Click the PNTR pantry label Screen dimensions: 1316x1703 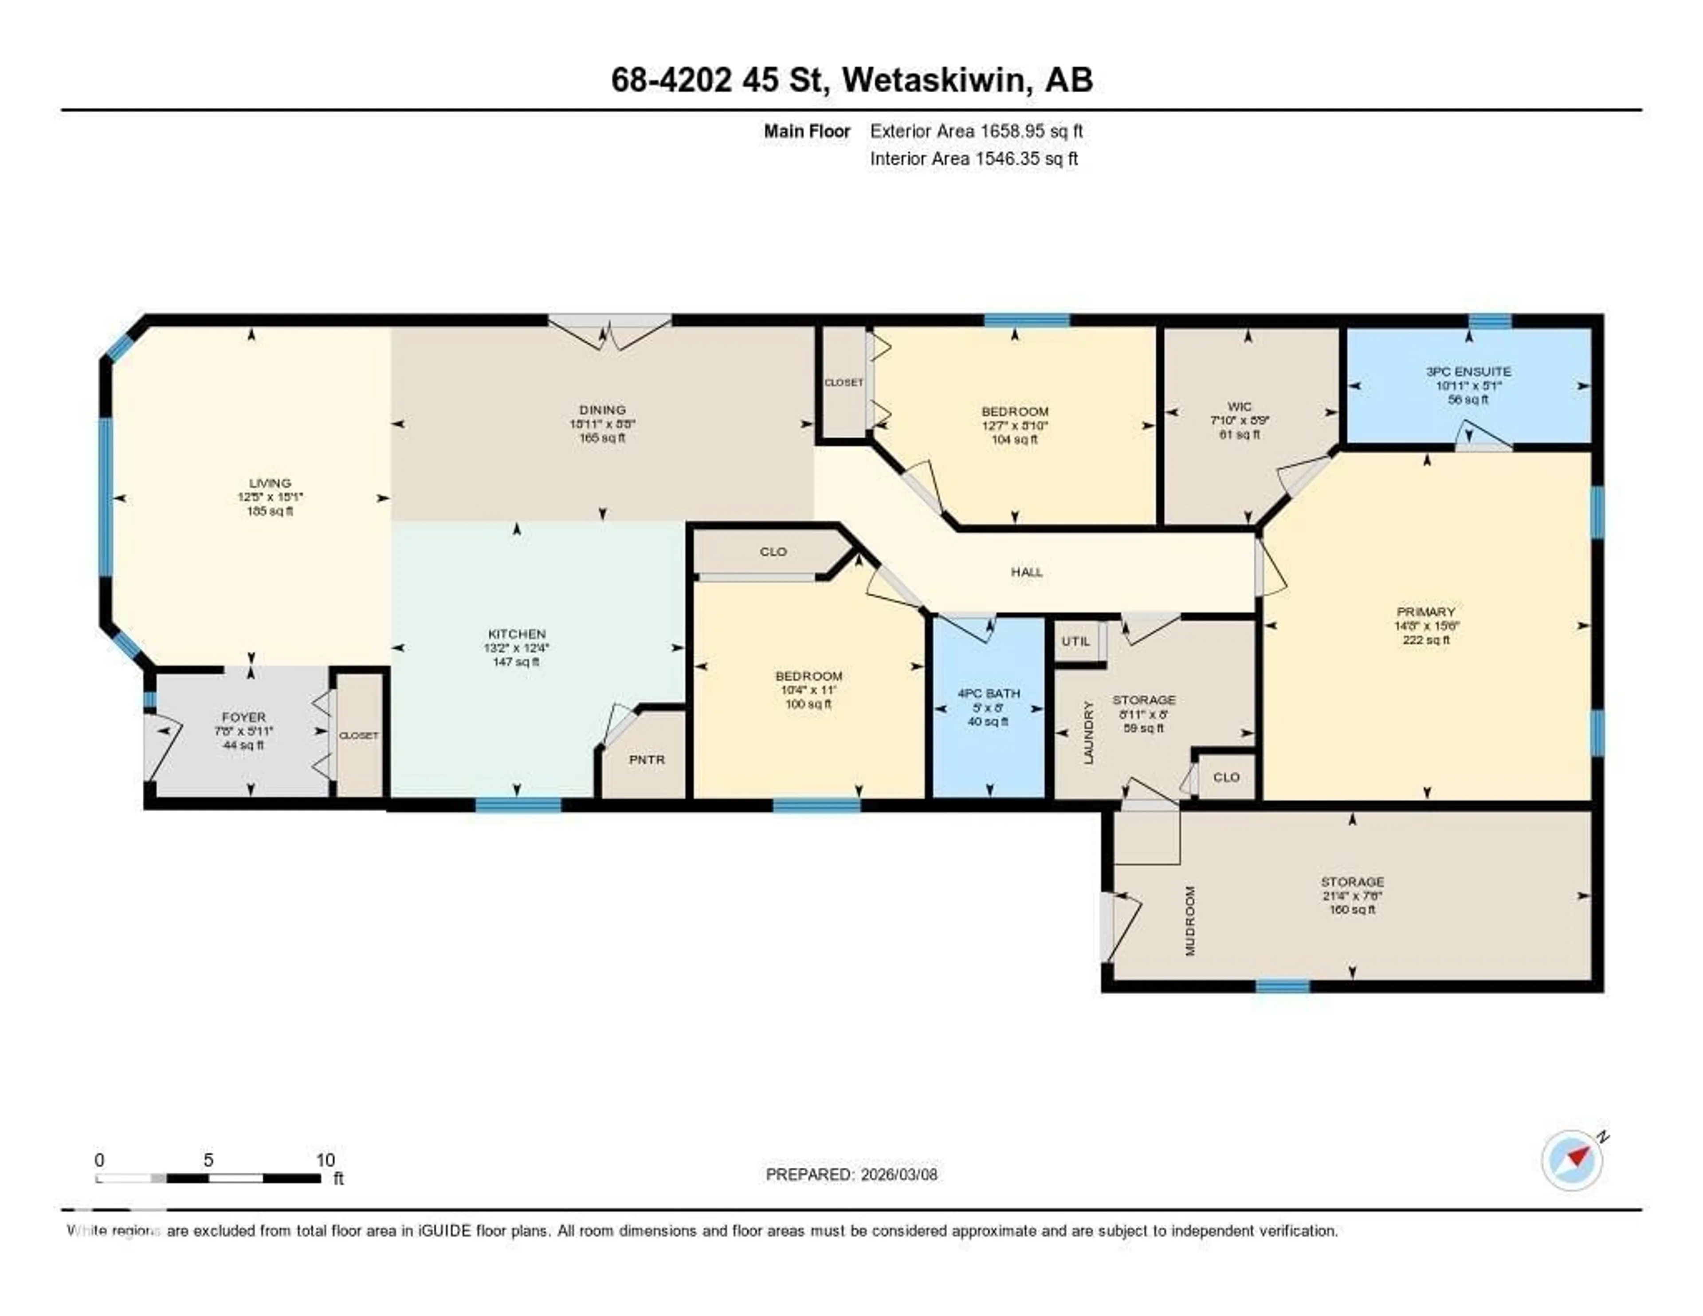647,759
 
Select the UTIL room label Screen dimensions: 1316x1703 1075,641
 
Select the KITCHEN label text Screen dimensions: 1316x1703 516,634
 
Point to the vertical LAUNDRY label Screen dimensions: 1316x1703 1089,732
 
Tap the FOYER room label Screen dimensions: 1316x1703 243,717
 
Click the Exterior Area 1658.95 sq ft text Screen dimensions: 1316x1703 976,131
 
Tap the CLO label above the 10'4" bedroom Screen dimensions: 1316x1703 773,552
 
